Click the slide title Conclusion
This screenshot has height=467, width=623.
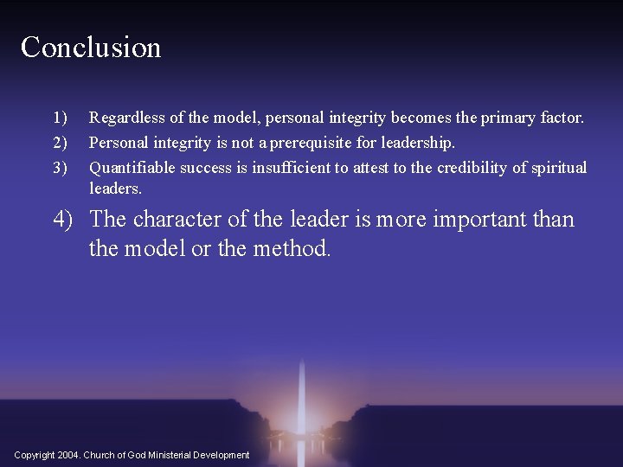click(x=91, y=47)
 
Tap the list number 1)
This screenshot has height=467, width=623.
click(x=60, y=117)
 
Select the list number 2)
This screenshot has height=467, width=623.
click(x=60, y=142)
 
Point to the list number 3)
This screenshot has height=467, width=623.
click(x=60, y=167)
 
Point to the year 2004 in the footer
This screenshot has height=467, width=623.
click(x=70, y=455)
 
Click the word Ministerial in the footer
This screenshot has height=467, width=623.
click(x=170, y=455)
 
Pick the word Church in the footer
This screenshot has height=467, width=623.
click(x=99, y=455)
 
